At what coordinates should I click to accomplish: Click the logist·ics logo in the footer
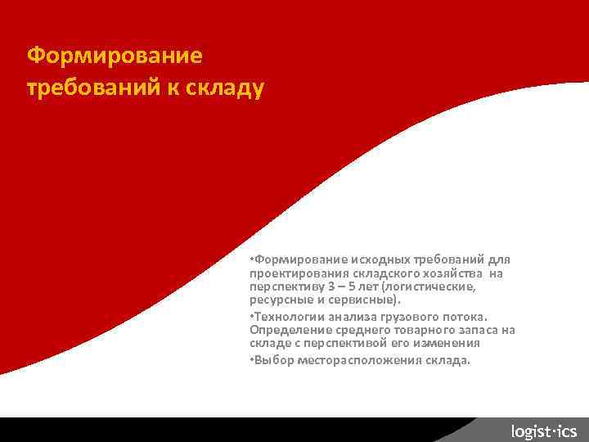(x=543, y=431)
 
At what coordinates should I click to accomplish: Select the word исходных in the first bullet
(x=379, y=259)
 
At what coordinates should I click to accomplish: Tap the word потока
(x=467, y=316)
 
